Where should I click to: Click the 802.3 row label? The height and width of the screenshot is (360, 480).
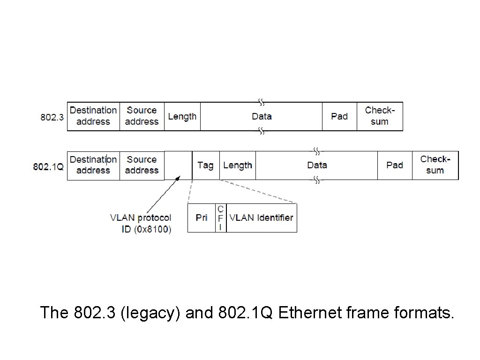coord(52,117)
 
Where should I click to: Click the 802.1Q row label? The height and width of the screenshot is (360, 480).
coord(48,166)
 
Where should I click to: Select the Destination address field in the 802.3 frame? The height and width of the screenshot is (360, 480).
coord(93,116)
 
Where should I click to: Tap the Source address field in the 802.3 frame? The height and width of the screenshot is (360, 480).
coord(142,116)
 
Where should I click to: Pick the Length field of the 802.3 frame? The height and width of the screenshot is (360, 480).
coord(182,116)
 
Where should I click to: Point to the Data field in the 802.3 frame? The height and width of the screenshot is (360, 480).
coord(261,116)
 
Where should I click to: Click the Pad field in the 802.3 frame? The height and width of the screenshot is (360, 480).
coord(339,116)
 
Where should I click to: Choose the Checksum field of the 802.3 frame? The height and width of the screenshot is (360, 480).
coord(380,116)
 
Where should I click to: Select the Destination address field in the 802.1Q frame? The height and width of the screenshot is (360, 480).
coord(93,165)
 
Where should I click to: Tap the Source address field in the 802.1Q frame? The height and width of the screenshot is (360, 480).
coord(142,165)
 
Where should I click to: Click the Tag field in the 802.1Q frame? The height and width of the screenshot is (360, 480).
coord(205,165)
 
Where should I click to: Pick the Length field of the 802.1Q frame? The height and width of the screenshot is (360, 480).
coord(238,165)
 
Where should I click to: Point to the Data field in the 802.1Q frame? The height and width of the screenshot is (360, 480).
coord(317,165)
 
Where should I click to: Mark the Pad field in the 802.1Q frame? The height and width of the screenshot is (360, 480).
coord(395,165)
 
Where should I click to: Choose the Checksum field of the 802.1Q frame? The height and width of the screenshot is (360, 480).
coord(435,165)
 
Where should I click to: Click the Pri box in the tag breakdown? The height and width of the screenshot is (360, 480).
coord(202,218)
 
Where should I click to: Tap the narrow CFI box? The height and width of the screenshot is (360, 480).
coord(220,218)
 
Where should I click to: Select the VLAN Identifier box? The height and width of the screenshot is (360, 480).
coord(261,218)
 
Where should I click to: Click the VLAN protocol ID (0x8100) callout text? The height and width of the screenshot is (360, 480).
coord(141,224)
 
